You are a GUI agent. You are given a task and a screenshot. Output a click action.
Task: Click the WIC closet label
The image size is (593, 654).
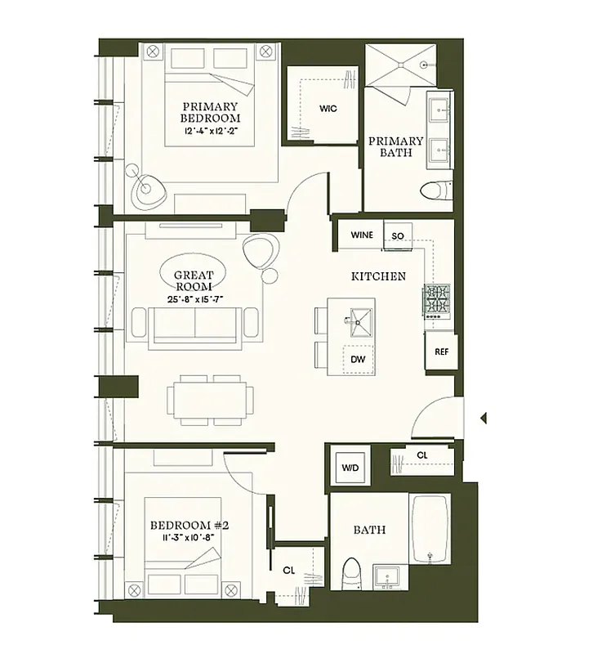pyautogui.click(x=328, y=109)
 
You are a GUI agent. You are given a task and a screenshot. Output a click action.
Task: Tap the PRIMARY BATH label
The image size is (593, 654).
pyautogui.click(x=395, y=146)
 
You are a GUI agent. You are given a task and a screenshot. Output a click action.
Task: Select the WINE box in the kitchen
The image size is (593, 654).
pyautogui.click(x=362, y=235)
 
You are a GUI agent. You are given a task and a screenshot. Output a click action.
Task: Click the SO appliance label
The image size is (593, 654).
pyautogui.click(x=398, y=235)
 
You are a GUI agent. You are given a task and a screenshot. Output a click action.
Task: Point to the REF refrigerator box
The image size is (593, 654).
pyautogui.click(x=441, y=352)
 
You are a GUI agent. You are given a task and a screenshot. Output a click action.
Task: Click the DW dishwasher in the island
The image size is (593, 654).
pyautogui.click(x=358, y=358)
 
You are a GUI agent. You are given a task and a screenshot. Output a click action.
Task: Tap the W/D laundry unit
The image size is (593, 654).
pyautogui.click(x=350, y=468)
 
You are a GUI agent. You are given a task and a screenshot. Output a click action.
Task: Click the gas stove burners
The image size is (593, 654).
pyautogui.click(x=435, y=300)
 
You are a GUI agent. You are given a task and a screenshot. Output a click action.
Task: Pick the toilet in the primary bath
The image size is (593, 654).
pyautogui.click(x=435, y=190)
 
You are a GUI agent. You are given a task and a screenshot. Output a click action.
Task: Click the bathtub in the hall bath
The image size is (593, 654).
pyautogui.click(x=430, y=527)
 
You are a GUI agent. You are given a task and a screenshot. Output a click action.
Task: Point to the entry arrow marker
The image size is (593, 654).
pyautogui.click(x=484, y=418)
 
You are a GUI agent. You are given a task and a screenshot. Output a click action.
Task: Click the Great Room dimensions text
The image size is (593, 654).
pyautogui.click(x=194, y=299)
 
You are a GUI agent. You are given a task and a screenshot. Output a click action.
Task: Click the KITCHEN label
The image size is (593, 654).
pyautogui.click(x=378, y=276)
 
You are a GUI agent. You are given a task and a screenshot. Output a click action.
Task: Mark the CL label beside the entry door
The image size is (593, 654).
pyautogui.click(x=421, y=455)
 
